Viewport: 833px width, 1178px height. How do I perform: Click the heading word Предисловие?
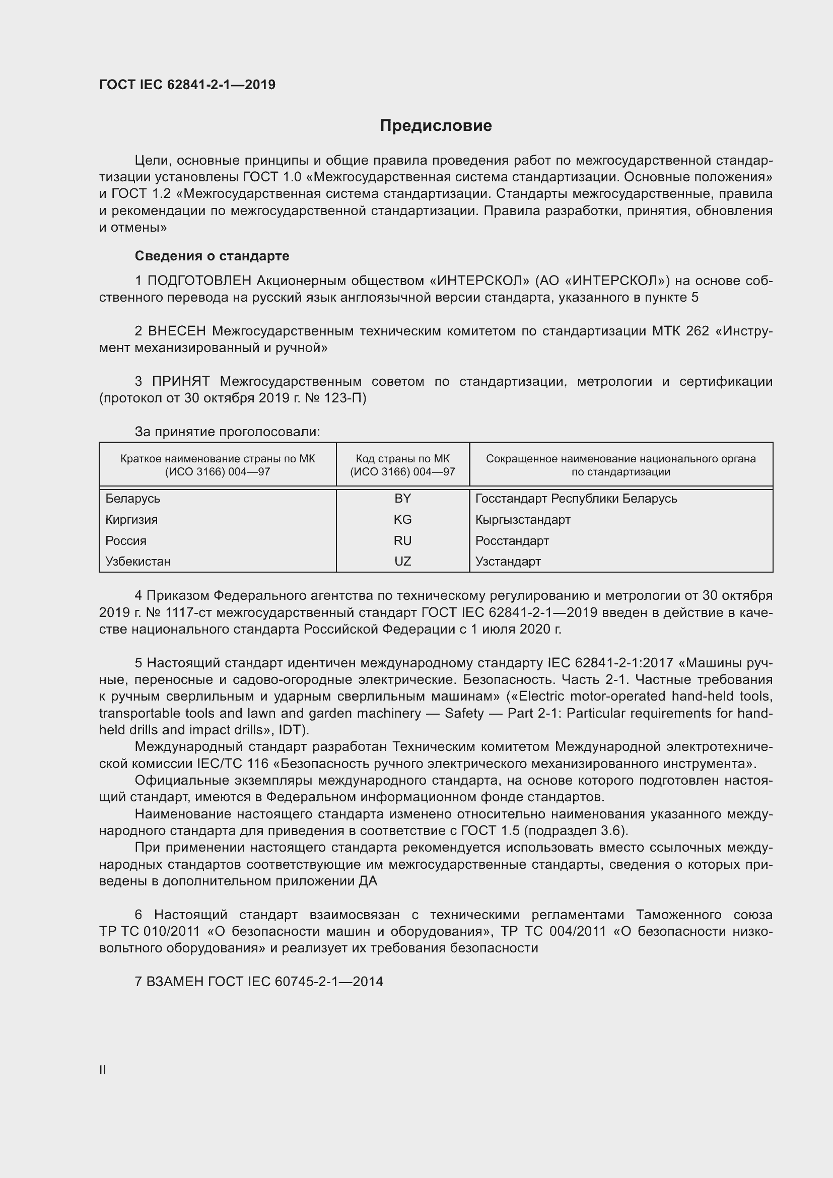pyautogui.click(x=436, y=126)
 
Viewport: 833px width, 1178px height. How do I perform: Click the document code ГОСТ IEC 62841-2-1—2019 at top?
pyautogui.click(x=187, y=85)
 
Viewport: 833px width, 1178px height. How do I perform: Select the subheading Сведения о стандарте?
pyautogui.click(x=212, y=255)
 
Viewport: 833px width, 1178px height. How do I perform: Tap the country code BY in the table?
pyautogui.click(x=403, y=499)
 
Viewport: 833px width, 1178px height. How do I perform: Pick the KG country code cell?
pyautogui.click(x=403, y=520)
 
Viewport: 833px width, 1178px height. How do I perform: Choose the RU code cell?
pyautogui.click(x=403, y=541)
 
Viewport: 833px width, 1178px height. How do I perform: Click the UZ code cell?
pyautogui.click(x=403, y=561)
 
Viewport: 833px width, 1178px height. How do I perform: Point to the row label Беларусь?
pyautogui.click(x=133, y=499)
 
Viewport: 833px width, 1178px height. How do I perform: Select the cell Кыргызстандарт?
pyautogui.click(x=523, y=520)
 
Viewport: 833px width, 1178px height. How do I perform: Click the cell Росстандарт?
pyautogui.click(x=512, y=541)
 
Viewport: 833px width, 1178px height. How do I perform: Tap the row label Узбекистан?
pyautogui.click(x=138, y=561)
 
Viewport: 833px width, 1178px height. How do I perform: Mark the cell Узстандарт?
pyautogui.click(x=508, y=561)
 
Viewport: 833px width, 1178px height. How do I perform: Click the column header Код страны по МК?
pyautogui.click(x=403, y=459)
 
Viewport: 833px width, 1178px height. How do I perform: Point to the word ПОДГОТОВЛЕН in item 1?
pyautogui.click(x=199, y=281)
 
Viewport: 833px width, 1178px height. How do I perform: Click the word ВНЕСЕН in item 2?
pyautogui.click(x=176, y=331)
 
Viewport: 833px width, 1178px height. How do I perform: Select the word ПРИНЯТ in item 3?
pyautogui.click(x=181, y=381)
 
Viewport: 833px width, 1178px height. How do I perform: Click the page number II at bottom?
pyautogui.click(x=103, y=1070)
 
